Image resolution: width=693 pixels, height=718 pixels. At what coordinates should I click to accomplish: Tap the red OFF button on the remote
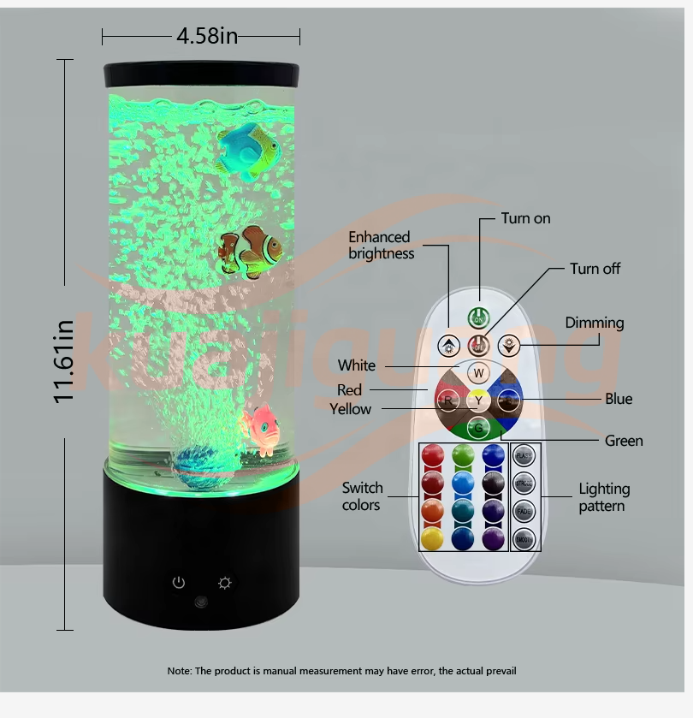point(479,347)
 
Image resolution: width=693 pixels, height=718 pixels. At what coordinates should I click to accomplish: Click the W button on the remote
point(479,373)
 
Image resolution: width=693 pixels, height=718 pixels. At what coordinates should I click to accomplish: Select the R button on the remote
point(447,400)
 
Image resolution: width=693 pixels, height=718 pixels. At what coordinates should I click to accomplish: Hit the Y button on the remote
point(479,400)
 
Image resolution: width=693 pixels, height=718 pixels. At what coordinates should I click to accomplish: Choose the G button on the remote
point(479,427)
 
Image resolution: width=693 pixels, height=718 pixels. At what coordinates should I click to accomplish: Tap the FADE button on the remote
point(524,512)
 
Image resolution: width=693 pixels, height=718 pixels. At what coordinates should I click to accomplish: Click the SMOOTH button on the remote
point(524,540)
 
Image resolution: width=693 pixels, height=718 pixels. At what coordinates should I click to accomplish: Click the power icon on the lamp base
point(178,583)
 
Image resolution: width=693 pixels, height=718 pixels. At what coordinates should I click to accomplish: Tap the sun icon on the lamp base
point(225,583)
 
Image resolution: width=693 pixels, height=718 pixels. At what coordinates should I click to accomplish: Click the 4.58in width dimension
point(206,36)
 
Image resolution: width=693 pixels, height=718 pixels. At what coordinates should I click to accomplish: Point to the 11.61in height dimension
point(65,359)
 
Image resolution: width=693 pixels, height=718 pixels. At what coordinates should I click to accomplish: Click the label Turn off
point(595,269)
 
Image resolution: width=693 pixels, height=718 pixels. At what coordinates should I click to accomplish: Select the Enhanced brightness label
point(381,245)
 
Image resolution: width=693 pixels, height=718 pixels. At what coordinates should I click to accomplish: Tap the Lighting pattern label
point(603,497)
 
